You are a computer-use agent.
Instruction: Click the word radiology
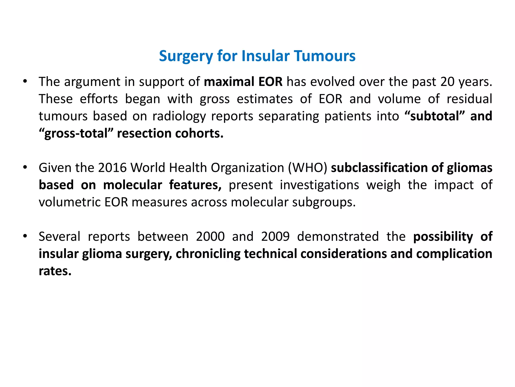[179, 116]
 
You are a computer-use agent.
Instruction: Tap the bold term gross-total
[76, 133]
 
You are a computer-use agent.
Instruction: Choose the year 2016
[112, 168]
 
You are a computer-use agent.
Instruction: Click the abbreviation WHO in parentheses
[308, 168]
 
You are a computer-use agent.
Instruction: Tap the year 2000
[210, 237]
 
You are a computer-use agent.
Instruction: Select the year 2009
[275, 237]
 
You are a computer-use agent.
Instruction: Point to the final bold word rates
[55, 271]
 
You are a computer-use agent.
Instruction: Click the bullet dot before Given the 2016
[25, 167]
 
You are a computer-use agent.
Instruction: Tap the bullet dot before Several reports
[25, 236]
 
